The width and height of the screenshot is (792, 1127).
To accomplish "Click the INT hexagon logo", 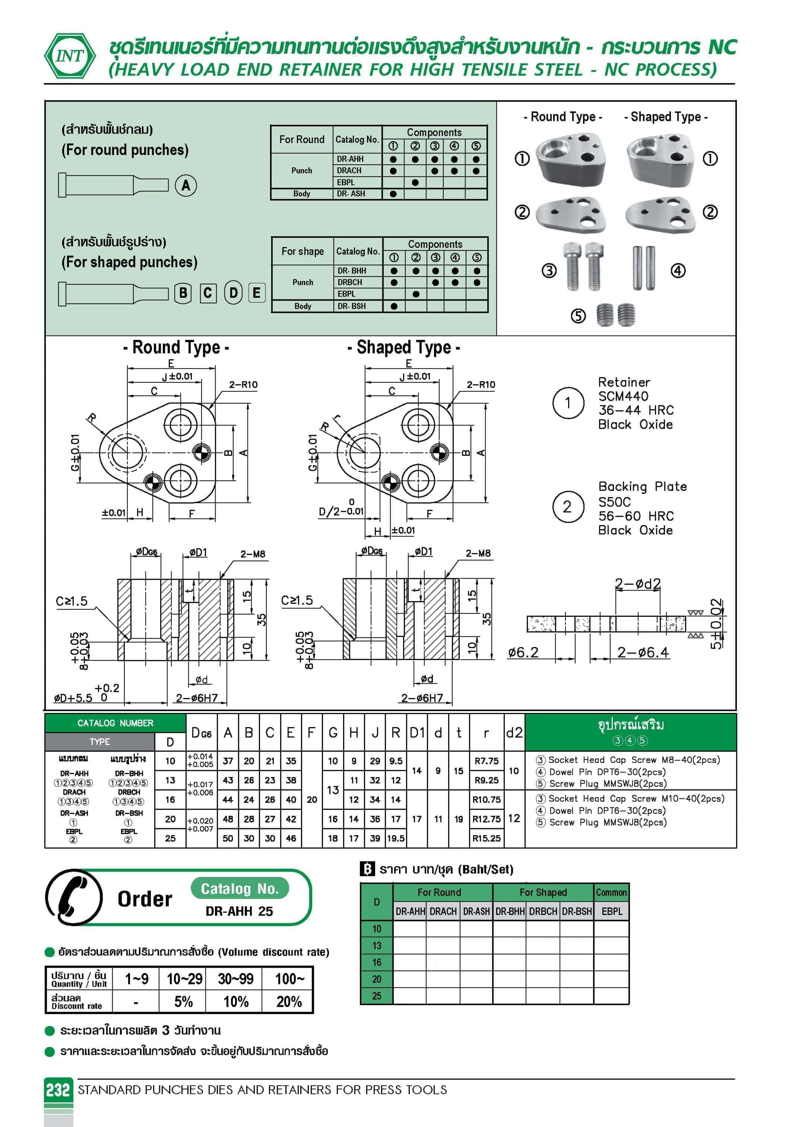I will point(70,56).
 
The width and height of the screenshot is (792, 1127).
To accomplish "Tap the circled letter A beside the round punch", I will point(186,186).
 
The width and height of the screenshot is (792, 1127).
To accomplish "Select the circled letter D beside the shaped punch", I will point(233,293).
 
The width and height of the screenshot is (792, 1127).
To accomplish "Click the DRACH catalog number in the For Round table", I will point(349,170).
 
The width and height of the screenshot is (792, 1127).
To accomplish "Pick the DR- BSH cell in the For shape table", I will point(351,306).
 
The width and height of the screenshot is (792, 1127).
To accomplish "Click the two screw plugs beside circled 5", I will point(616,315).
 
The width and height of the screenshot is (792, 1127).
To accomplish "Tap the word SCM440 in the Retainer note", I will point(623,396).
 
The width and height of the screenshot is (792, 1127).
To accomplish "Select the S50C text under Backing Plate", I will point(614,502).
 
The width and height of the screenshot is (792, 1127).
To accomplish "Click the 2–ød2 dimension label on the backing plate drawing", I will point(637,584).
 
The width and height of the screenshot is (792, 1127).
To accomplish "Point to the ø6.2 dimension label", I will point(523,652).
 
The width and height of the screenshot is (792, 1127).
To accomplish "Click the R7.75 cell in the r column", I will point(486,761).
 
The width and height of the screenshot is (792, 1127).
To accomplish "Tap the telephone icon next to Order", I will point(74,898).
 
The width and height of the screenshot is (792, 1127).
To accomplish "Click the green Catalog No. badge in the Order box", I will point(240,889).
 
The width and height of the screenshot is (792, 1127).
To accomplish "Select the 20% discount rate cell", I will point(289,1002).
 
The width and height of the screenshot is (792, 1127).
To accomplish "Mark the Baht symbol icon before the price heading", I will point(367,869).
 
